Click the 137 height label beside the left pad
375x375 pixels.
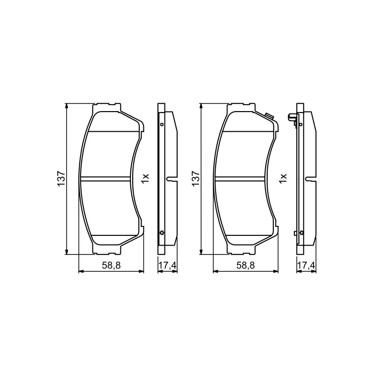point(61,179)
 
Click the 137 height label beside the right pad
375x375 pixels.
point(195,179)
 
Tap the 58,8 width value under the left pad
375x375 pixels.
point(111,265)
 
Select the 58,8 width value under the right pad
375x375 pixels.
point(245,265)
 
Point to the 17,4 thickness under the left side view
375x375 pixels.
point(167,265)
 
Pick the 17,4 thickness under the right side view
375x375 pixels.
point(307,265)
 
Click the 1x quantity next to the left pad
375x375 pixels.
point(145,179)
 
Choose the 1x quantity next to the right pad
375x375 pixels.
point(283,179)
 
